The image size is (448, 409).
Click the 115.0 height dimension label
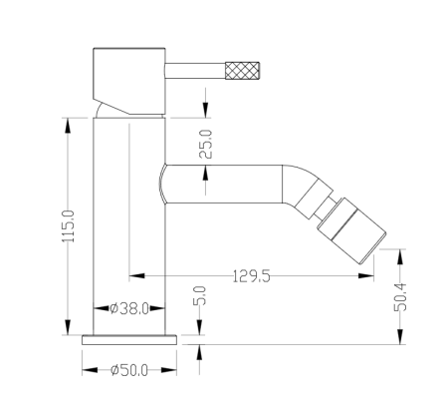coord(69,226)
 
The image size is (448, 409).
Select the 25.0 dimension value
coord(205,144)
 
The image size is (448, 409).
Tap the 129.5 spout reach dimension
coord(252,276)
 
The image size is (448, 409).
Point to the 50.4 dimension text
coord(400,297)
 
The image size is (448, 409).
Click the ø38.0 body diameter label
coord(129,308)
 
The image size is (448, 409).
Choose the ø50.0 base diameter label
coord(129,370)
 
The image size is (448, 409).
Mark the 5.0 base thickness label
coord(199,295)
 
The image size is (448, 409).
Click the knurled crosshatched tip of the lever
coord(242,70)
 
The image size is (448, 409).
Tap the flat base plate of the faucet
coord(129,340)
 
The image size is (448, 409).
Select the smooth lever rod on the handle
coord(195,71)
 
